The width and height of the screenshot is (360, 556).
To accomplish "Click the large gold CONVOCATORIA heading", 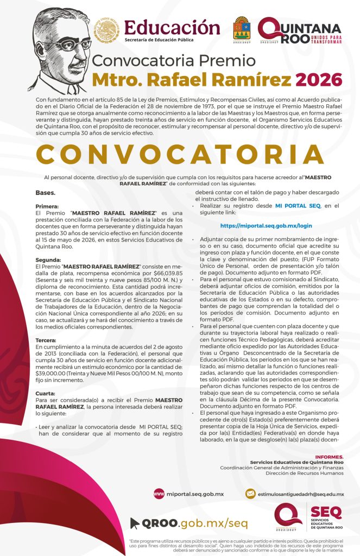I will (x=180, y=154).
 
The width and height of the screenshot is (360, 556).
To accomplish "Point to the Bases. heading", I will (x=45, y=192).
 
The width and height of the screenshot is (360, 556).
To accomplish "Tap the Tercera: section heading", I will (x=47, y=339).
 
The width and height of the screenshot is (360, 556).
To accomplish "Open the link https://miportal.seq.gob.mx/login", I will (x=266, y=225).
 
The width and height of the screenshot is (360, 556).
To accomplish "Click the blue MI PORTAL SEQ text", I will (x=298, y=206).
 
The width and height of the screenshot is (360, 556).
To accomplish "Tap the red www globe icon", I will (x=159, y=494).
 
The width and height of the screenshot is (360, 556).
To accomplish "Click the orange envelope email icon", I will (x=250, y=494).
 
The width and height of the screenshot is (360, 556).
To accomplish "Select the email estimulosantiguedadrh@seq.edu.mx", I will (x=301, y=494).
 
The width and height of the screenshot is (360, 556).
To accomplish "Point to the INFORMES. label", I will (x=329, y=457).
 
